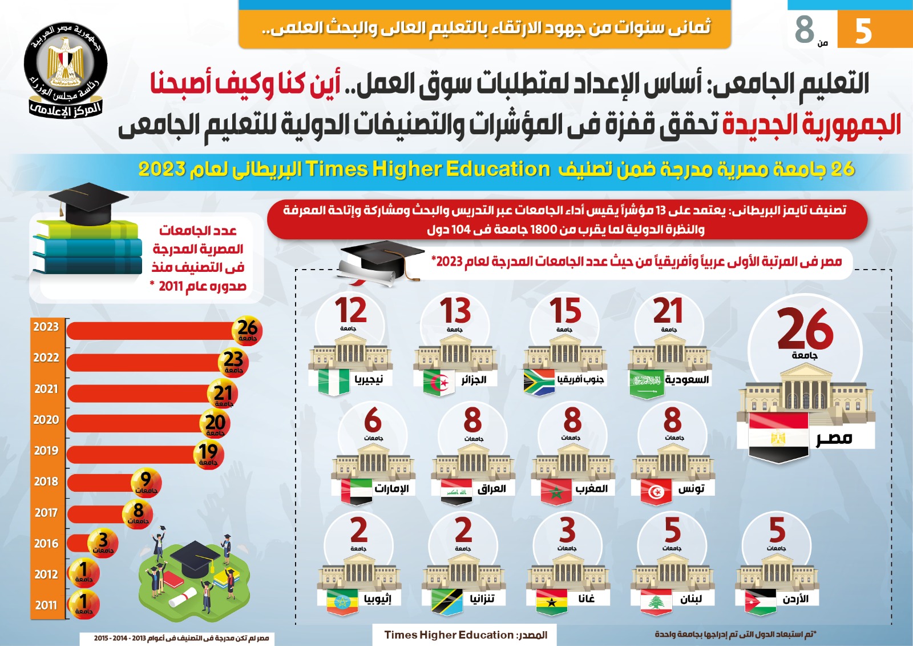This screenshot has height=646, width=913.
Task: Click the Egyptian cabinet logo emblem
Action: point(65,70)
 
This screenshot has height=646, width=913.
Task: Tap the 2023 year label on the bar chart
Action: point(46,327)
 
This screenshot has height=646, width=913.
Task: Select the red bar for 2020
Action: point(135,423)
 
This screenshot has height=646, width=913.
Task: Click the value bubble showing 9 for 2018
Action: point(146,482)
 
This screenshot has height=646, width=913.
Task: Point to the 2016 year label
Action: point(46,543)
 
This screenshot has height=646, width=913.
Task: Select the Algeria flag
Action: point(439,382)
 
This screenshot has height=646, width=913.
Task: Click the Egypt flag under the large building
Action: point(778,437)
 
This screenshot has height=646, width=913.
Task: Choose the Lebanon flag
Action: point(656,601)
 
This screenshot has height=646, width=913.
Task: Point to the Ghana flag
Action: point(552,601)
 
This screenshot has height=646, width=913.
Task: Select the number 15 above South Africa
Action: point(565,311)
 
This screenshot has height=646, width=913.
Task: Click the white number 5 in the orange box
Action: point(863,31)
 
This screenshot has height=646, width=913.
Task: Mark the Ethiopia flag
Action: point(342,601)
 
